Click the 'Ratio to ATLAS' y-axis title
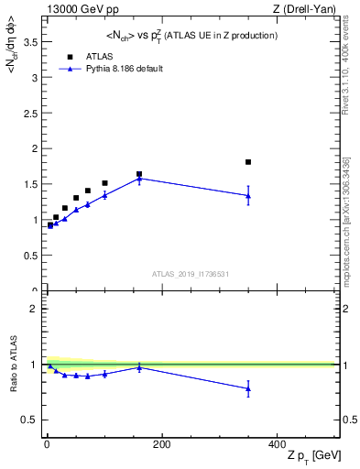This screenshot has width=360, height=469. (14, 364)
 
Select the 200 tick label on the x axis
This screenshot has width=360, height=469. (161, 444)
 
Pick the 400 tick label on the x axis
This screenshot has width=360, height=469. (276, 444)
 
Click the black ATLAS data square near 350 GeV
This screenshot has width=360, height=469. (248, 162)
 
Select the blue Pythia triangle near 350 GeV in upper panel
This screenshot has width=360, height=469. (248, 195)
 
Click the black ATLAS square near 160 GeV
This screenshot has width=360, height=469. (139, 174)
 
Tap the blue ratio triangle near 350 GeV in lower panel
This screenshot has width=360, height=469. (248, 388)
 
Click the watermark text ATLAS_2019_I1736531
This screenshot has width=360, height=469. (190, 273)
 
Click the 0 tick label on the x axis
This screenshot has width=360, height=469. (47, 444)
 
